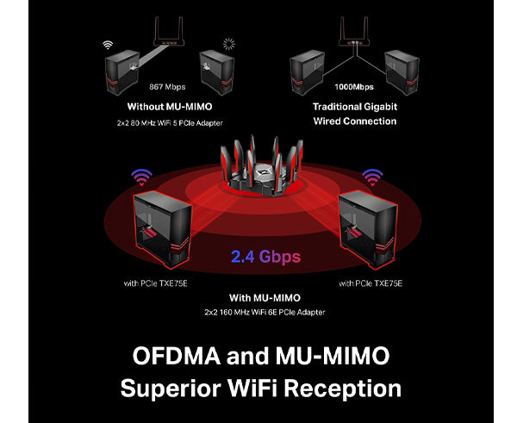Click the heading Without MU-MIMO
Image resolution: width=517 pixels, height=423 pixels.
[168, 107]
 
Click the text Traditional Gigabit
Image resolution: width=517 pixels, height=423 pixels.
[354, 107]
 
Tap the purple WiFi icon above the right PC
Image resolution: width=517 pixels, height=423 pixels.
[372, 177]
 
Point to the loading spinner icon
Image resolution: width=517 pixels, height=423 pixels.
[228, 44]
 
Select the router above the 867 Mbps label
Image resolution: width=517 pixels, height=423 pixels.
[168, 34]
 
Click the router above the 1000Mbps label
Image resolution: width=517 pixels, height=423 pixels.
[354, 34]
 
